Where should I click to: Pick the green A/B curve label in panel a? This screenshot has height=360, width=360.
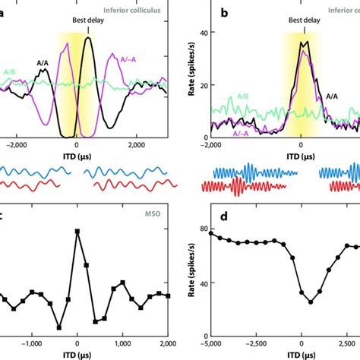10,73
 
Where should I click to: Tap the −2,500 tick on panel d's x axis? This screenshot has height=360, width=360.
257,343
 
